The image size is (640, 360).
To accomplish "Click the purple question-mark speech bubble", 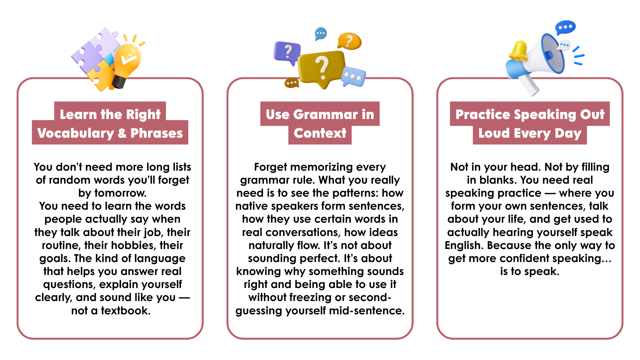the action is click(287, 53).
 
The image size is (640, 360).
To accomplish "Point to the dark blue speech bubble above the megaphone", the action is click(565, 27).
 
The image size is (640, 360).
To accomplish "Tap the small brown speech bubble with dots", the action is click(291, 83).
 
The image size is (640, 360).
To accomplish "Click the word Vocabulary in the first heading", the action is click(76, 133).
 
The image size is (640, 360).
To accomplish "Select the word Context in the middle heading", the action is click(320, 133).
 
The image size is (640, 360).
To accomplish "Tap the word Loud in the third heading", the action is click(494, 133).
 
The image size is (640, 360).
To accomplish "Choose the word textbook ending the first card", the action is click(126, 311).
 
